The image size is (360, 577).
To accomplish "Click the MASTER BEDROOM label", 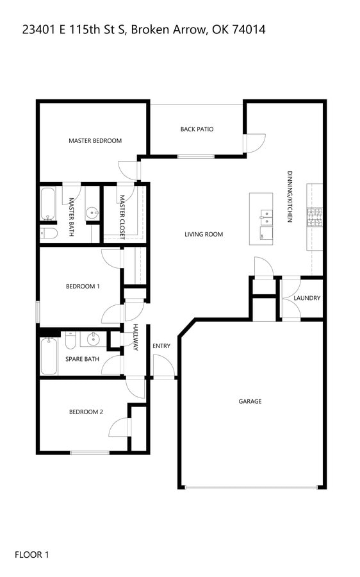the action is click(x=95, y=140).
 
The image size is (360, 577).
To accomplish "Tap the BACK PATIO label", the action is click(x=197, y=129).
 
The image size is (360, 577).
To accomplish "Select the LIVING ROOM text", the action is click(x=204, y=234).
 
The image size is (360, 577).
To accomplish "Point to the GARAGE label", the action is click(x=250, y=401).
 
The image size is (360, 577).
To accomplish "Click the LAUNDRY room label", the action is click(x=307, y=298).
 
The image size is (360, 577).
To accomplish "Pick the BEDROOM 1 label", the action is click(x=83, y=287).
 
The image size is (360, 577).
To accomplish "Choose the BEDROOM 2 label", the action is click(x=86, y=412).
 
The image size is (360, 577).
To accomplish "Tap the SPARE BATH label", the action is click(x=82, y=359).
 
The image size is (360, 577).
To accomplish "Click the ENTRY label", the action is click(x=161, y=346).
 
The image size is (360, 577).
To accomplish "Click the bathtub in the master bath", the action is click(x=47, y=203).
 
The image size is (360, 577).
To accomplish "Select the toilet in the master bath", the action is click(x=49, y=233).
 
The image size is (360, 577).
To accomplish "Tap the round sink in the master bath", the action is click(x=92, y=212).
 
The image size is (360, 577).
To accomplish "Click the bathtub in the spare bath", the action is click(x=49, y=356).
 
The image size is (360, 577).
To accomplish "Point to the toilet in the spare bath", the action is click(x=70, y=341).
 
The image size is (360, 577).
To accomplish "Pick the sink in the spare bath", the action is click(x=94, y=339).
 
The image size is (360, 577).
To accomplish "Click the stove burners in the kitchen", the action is click(x=315, y=217).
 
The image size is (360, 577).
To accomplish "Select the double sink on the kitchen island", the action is click(x=266, y=217).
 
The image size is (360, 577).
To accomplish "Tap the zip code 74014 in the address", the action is click(x=249, y=29).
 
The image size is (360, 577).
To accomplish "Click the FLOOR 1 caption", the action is click(x=31, y=555).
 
